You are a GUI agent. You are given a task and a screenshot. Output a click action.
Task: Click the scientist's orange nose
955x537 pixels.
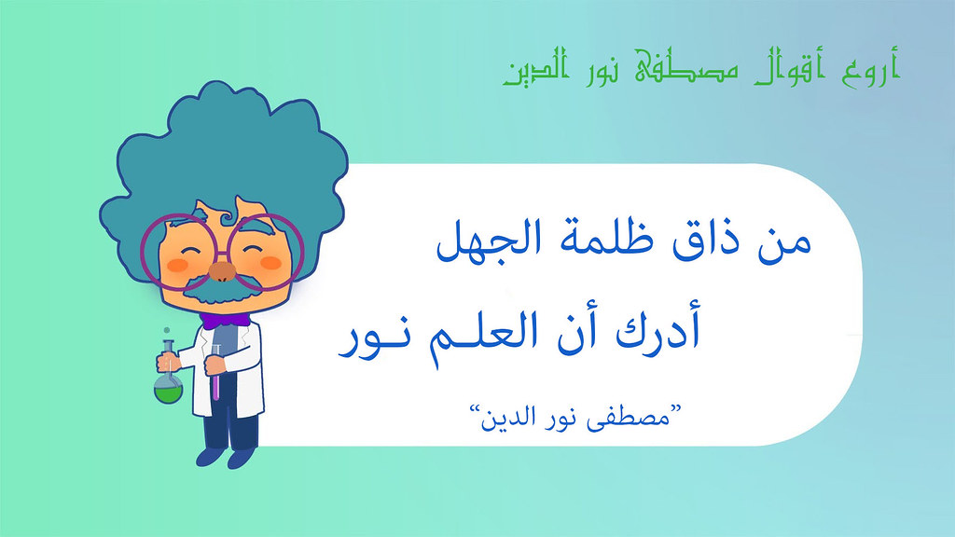(x=222, y=272)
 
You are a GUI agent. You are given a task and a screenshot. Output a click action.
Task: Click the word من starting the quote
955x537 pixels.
(x=784, y=242)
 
